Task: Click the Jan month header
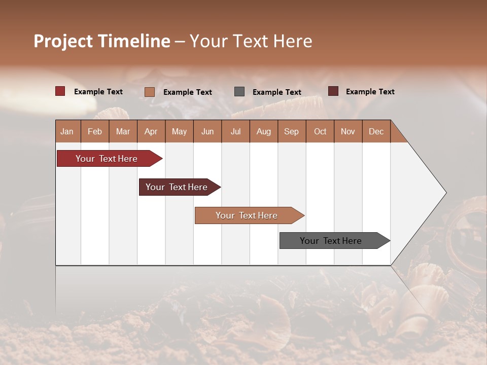pyautogui.click(x=67, y=131)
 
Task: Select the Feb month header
pyautogui.click(x=95, y=131)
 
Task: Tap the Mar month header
pyautogui.click(x=123, y=131)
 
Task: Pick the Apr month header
pyautogui.click(x=151, y=131)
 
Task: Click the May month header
pyautogui.click(x=179, y=131)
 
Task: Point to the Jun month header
pyautogui.click(x=207, y=131)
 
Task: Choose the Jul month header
pyautogui.click(x=235, y=131)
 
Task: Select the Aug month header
pyautogui.click(x=264, y=131)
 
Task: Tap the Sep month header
pyautogui.click(x=292, y=131)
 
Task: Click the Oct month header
pyautogui.click(x=320, y=131)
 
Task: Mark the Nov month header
pyautogui.click(x=348, y=131)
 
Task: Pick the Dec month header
pyautogui.click(x=376, y=131)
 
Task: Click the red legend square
pyautogui.click(x=60, y=91)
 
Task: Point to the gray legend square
pyautogui.click(x=239, y=92)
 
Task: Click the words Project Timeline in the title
pyautogui.click(x=102, y=41)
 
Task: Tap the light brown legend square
pyautogui.click(x=150, y=92)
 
